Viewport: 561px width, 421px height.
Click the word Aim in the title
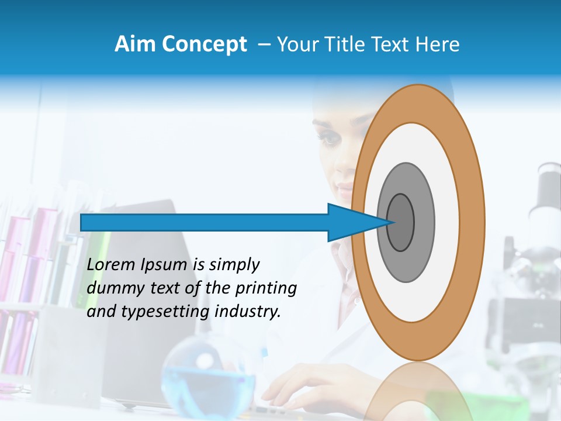tap(136, 44)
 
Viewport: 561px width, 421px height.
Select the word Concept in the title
tap(205, 45)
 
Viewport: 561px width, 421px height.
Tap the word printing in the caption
tap(266, 289)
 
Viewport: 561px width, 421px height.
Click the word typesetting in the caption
tap(165, 312)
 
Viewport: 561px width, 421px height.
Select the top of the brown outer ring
tap(418, 102)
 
